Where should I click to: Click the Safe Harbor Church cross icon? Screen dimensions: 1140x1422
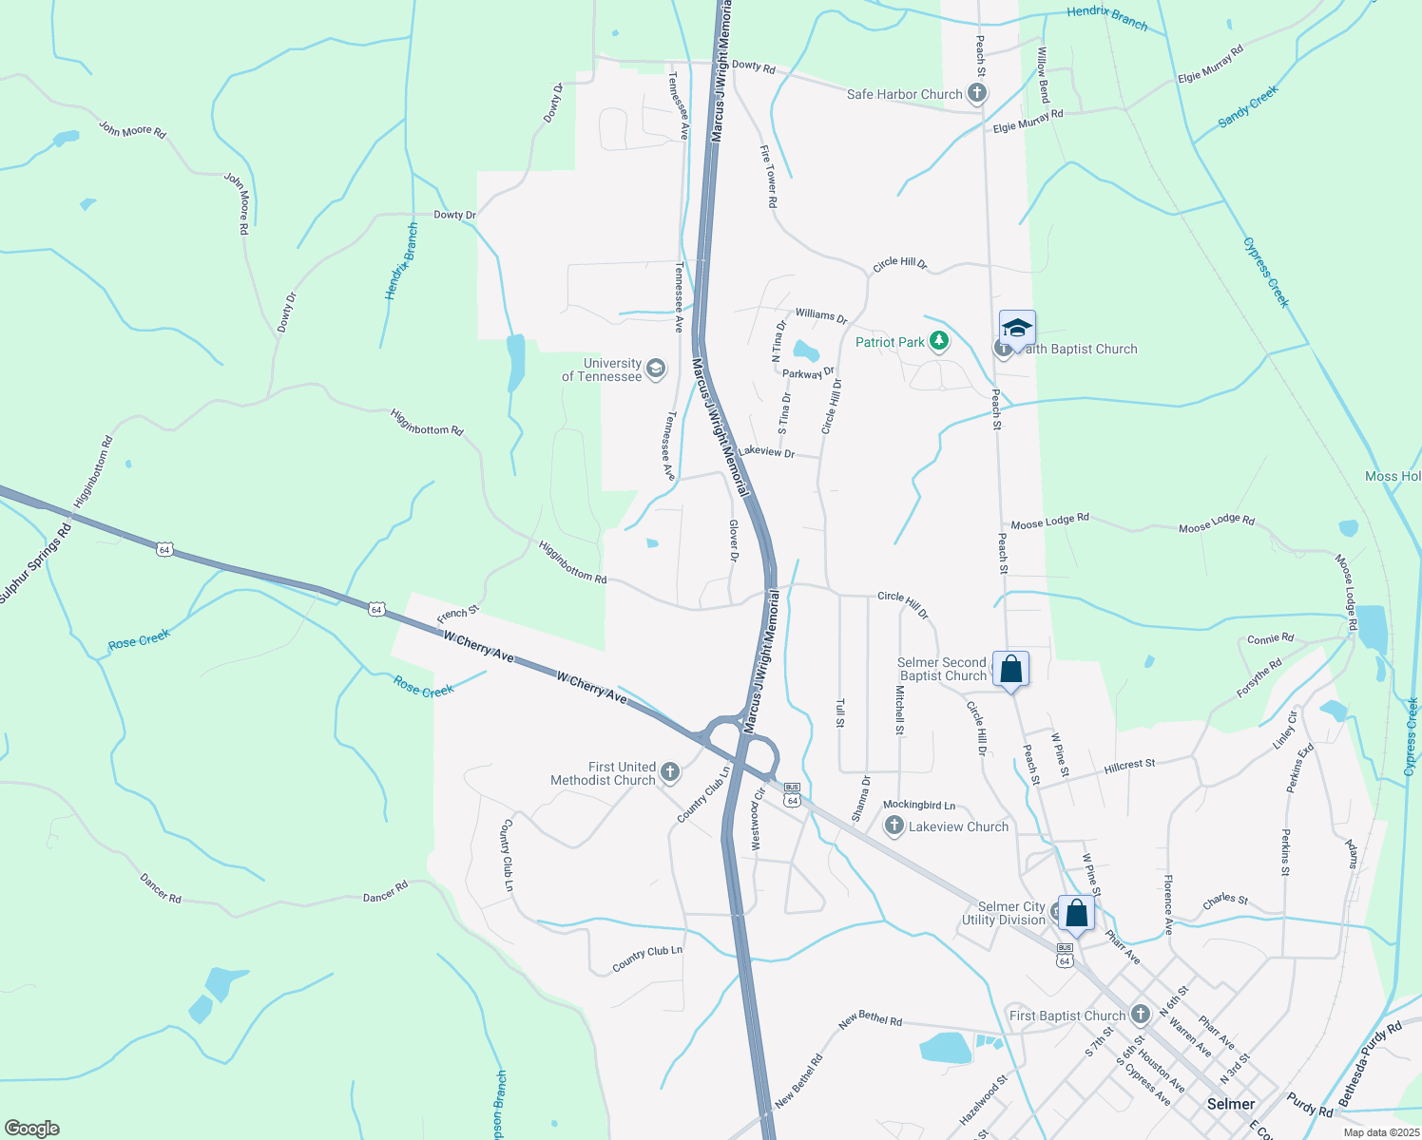pyautogui.click(x=977, y=93)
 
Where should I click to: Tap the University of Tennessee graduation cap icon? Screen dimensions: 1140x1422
pyautogui.click(x=655, y=369)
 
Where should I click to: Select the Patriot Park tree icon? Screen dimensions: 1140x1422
pyautogui.click(x=939, y=341)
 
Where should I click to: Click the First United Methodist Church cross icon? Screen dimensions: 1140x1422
pyautogui.click(x=670, y=771)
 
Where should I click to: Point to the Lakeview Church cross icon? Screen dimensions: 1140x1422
pyautogui.click(x=894, y=826)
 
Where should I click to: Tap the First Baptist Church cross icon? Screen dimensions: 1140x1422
pyautogui.click(x=1141, y=1015)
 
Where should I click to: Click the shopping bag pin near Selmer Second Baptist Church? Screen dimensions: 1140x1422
pyautogui.click(x=1010, y=669)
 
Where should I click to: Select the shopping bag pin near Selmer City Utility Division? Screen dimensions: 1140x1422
pyautogui.click(x=1076, y=913)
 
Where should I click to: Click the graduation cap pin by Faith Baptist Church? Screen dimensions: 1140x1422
pyautogui.click(x=1017, y=328)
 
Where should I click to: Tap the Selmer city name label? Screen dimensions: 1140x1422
pyautogui.click(x=1230, y=1104)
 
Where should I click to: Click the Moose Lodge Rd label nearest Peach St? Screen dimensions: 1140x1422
pyautogui.click(x=1049, y=522)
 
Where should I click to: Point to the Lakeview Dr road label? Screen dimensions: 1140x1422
pyautogui.click(x=766, y=451)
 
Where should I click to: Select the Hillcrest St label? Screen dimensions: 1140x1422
pyautogui.click(x=1129, y=765)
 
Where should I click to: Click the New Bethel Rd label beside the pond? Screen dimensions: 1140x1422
pyautogui.click(x=870, y=1018)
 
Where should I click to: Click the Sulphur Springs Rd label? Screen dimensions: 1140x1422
pyautogui.click(x=35, y=563)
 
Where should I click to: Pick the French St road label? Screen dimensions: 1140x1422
pyautogui.click(x=457, y=615)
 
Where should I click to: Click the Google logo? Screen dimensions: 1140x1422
pyautogui.click(x=32, y=1128)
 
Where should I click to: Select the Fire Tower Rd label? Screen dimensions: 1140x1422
pyautogui.click(x=769, y=176)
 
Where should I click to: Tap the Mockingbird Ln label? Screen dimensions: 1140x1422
pyautogui.click(x=919, y=805)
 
